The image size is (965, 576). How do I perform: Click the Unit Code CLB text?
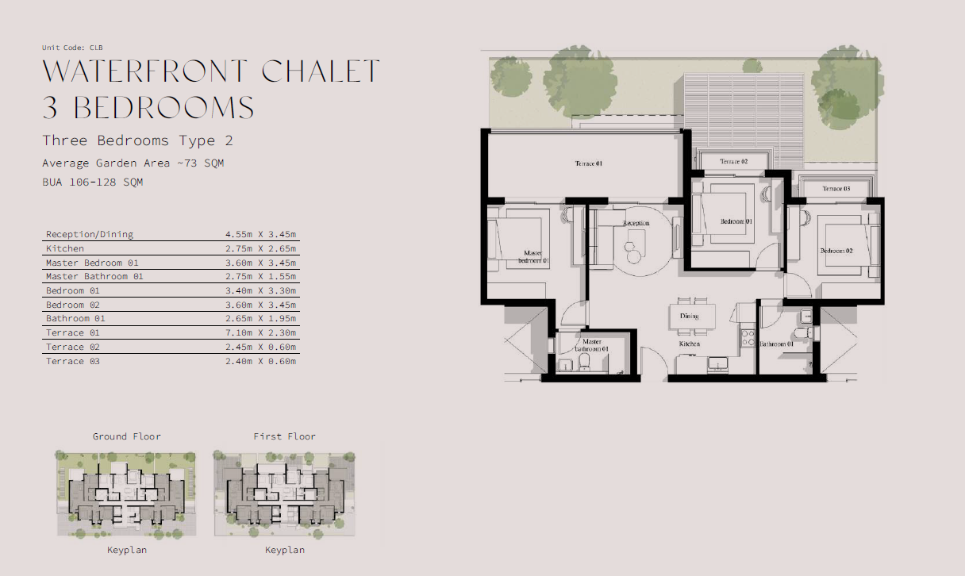pyautogui.click(x=72, y=48)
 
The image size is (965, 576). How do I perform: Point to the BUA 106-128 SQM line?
pyautogui.click(x=92, y=182)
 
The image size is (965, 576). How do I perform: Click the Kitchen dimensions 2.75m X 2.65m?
pyautogui.click(x=260, y=248)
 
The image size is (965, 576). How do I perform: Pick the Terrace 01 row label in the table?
pyautogui.click(x=72, y=332)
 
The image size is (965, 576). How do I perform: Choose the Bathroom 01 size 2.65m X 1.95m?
pyautogui.click(x=260, y=318)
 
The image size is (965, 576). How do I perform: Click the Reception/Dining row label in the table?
pyautogui.click(x=90, y=234)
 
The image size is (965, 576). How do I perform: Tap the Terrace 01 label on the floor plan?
pyautogui.click(x=589, y=164)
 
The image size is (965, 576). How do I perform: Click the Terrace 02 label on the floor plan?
pyautogui.click(x=733, y=162)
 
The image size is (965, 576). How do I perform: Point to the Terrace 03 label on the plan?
pyautogui.click(x=836, y=189)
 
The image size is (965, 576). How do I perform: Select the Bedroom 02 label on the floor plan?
pyautogui.click(x=836, y=252)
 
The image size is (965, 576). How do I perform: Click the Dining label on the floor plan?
pyautogui.click(x=689, y=316)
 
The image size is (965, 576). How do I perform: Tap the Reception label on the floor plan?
pyautogui.click(x=636, y=223)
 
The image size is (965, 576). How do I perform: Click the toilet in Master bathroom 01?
pyautogui.click(x=584, y=362)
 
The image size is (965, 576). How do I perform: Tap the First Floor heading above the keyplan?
pyautogui.click(x=284, y=436)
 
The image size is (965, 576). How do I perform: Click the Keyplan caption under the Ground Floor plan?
pyautogui.click(x=127, y=550)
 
